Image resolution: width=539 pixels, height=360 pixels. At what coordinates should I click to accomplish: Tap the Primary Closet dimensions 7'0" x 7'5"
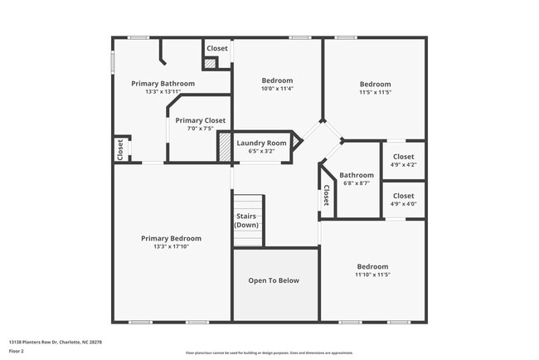[200, 129]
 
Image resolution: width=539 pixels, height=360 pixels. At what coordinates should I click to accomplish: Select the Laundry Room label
[261, 143]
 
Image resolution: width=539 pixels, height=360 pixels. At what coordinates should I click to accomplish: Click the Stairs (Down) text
[246, 221]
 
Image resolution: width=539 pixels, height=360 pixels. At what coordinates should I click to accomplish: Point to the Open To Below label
[274, 280]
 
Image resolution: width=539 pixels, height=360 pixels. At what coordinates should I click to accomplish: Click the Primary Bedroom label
[171, 238]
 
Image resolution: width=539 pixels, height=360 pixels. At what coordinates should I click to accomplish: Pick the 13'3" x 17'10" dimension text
[171, 247]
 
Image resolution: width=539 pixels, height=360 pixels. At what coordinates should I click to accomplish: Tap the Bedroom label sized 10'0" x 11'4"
[277, 80]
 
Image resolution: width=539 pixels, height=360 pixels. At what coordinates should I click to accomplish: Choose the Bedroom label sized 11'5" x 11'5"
[375, 84]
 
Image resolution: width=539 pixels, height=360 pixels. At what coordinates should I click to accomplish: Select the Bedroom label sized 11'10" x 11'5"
[372, 266]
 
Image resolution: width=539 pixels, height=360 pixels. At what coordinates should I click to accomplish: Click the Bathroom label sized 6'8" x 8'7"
[357, 175]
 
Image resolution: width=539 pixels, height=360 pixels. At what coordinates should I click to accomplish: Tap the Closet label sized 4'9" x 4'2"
[403, 157]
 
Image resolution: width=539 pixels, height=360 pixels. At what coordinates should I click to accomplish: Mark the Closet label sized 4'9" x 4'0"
[403, 196]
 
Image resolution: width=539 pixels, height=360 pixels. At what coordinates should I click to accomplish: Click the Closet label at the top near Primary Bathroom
[217, 48]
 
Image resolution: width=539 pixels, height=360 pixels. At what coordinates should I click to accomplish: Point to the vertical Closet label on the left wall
[120, 148]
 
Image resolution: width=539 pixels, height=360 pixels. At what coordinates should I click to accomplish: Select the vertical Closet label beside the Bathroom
[326, 195]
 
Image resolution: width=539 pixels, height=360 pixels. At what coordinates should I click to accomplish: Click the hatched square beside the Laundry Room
[225, 148]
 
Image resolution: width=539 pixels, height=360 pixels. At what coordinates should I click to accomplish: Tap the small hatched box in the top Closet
[210, 63]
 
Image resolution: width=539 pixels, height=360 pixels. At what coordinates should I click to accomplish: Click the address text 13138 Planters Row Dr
[49, 341]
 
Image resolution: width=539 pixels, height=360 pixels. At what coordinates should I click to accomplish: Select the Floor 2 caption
[17, 350]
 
